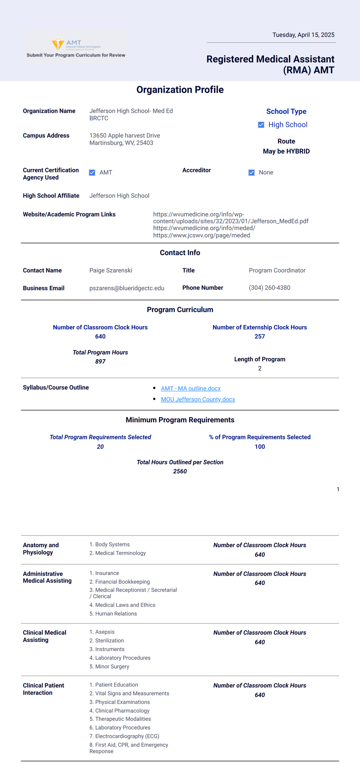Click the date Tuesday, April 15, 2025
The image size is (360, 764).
tap(303, 35)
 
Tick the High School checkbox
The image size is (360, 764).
tap(261, 125)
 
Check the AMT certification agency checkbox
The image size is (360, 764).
tap(92, 172)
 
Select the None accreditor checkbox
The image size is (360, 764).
tap(251, 172)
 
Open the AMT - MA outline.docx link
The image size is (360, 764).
tap(191, 388)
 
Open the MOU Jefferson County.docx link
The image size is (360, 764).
tap(198, 399)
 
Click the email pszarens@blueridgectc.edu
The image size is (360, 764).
tap(127, 288)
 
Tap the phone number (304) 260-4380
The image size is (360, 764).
tap(269, 288)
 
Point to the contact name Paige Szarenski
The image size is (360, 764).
tap(111, 270)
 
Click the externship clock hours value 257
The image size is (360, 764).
tap(260, 336)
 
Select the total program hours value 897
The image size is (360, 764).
tap(100, 361)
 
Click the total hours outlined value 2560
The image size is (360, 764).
tap(180, 471)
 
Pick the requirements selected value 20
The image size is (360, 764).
tap(100, 446)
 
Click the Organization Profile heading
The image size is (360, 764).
tap(180, 90)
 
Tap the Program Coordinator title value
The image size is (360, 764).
tap(277, 270)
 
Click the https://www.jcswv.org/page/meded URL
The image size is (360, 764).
tap(201, 235)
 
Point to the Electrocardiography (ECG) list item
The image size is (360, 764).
tap(124, 736)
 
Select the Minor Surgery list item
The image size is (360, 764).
tap(109, 666)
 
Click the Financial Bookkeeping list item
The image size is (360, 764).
tap(119, 582)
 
